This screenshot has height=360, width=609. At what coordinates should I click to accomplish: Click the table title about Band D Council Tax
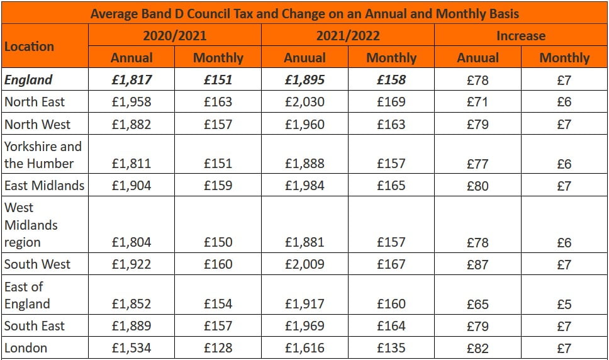pos(304,13)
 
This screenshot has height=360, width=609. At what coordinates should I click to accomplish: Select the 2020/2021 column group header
pos(174,36)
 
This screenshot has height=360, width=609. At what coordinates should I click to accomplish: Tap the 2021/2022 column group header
pos(347,36)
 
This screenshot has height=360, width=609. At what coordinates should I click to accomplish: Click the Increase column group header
pos(521,36)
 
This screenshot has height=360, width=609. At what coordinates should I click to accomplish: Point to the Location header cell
pos(30,47)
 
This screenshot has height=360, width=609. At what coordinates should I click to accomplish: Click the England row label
pos(28,80)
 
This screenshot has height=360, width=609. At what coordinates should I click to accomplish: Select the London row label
pos(26,348)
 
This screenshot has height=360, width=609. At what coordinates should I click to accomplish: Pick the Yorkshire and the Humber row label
pos(43,155)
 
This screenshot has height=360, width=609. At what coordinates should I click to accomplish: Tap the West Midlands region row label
pos(31,225)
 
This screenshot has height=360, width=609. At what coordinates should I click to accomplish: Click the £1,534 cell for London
pos(131,348)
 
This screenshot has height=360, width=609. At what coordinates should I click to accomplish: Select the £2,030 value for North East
pos(304,102)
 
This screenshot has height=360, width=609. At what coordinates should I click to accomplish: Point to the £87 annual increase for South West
pos(478,264)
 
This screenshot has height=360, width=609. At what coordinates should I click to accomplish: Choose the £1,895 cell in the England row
pos(304,80)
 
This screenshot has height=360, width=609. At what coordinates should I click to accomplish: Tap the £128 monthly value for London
pos(218,348)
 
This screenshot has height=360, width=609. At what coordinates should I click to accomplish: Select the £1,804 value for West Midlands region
pos(131,242)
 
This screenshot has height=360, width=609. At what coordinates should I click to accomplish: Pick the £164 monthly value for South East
pos(391,326)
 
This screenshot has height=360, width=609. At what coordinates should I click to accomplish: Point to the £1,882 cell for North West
pos(131,125)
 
